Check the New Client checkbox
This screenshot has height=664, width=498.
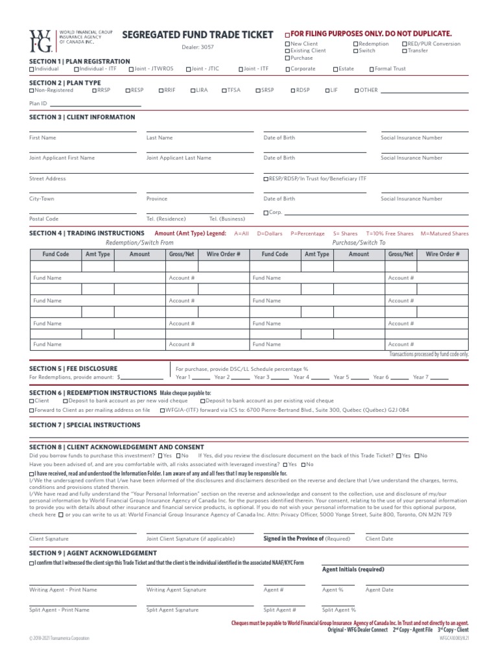(288, 44)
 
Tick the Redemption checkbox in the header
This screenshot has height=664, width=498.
(356, 44)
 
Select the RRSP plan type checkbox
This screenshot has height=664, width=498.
(94, 90)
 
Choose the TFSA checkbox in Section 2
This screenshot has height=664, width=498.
(224, 90)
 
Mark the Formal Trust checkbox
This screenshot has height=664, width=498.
(372, 68)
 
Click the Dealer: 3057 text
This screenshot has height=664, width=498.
(198, 47)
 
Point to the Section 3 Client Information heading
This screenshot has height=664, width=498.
(82, 117)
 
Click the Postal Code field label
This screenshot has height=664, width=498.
(44, 219)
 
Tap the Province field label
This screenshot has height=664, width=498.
(157, 199)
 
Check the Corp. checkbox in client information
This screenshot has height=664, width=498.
(266, 213)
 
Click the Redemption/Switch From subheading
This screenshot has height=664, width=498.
(139, 242)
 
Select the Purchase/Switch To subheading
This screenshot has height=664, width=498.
(359, 242)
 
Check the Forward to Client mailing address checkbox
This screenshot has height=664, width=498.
(32, 410)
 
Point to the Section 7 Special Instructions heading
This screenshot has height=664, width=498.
(85, 425)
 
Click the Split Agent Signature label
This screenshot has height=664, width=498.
(172, 610)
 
